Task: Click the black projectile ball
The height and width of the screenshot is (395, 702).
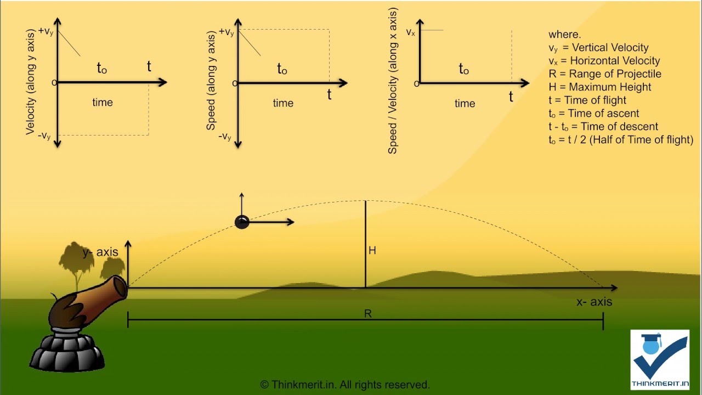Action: click(x=242, y=222)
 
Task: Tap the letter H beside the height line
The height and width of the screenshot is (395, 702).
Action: click(x=372, y=251)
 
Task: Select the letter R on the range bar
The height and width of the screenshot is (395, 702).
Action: click(x=367, y=314)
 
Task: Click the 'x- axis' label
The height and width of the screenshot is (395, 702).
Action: click(x=594, y=302)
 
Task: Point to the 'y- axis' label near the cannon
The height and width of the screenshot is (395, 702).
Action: click(x=100, y=252)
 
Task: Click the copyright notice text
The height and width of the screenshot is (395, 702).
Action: click(x=344, y=385)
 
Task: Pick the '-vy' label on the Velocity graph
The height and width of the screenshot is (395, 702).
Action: click(x=44, y=136)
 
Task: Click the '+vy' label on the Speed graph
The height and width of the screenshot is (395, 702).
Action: click(x=226, y=32)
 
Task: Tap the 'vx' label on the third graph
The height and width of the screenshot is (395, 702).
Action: click(x=410, y=32)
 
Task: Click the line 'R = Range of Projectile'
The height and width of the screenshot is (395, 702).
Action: click(x=604, y=74)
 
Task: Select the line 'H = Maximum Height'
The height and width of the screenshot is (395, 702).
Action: click(x=599, y=87)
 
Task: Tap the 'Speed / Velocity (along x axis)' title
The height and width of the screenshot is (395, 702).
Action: click(x=393, y=81)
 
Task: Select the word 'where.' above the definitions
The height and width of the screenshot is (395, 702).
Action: click(x=564, y=35)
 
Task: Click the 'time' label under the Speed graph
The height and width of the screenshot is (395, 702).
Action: click(x=283, y=103)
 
